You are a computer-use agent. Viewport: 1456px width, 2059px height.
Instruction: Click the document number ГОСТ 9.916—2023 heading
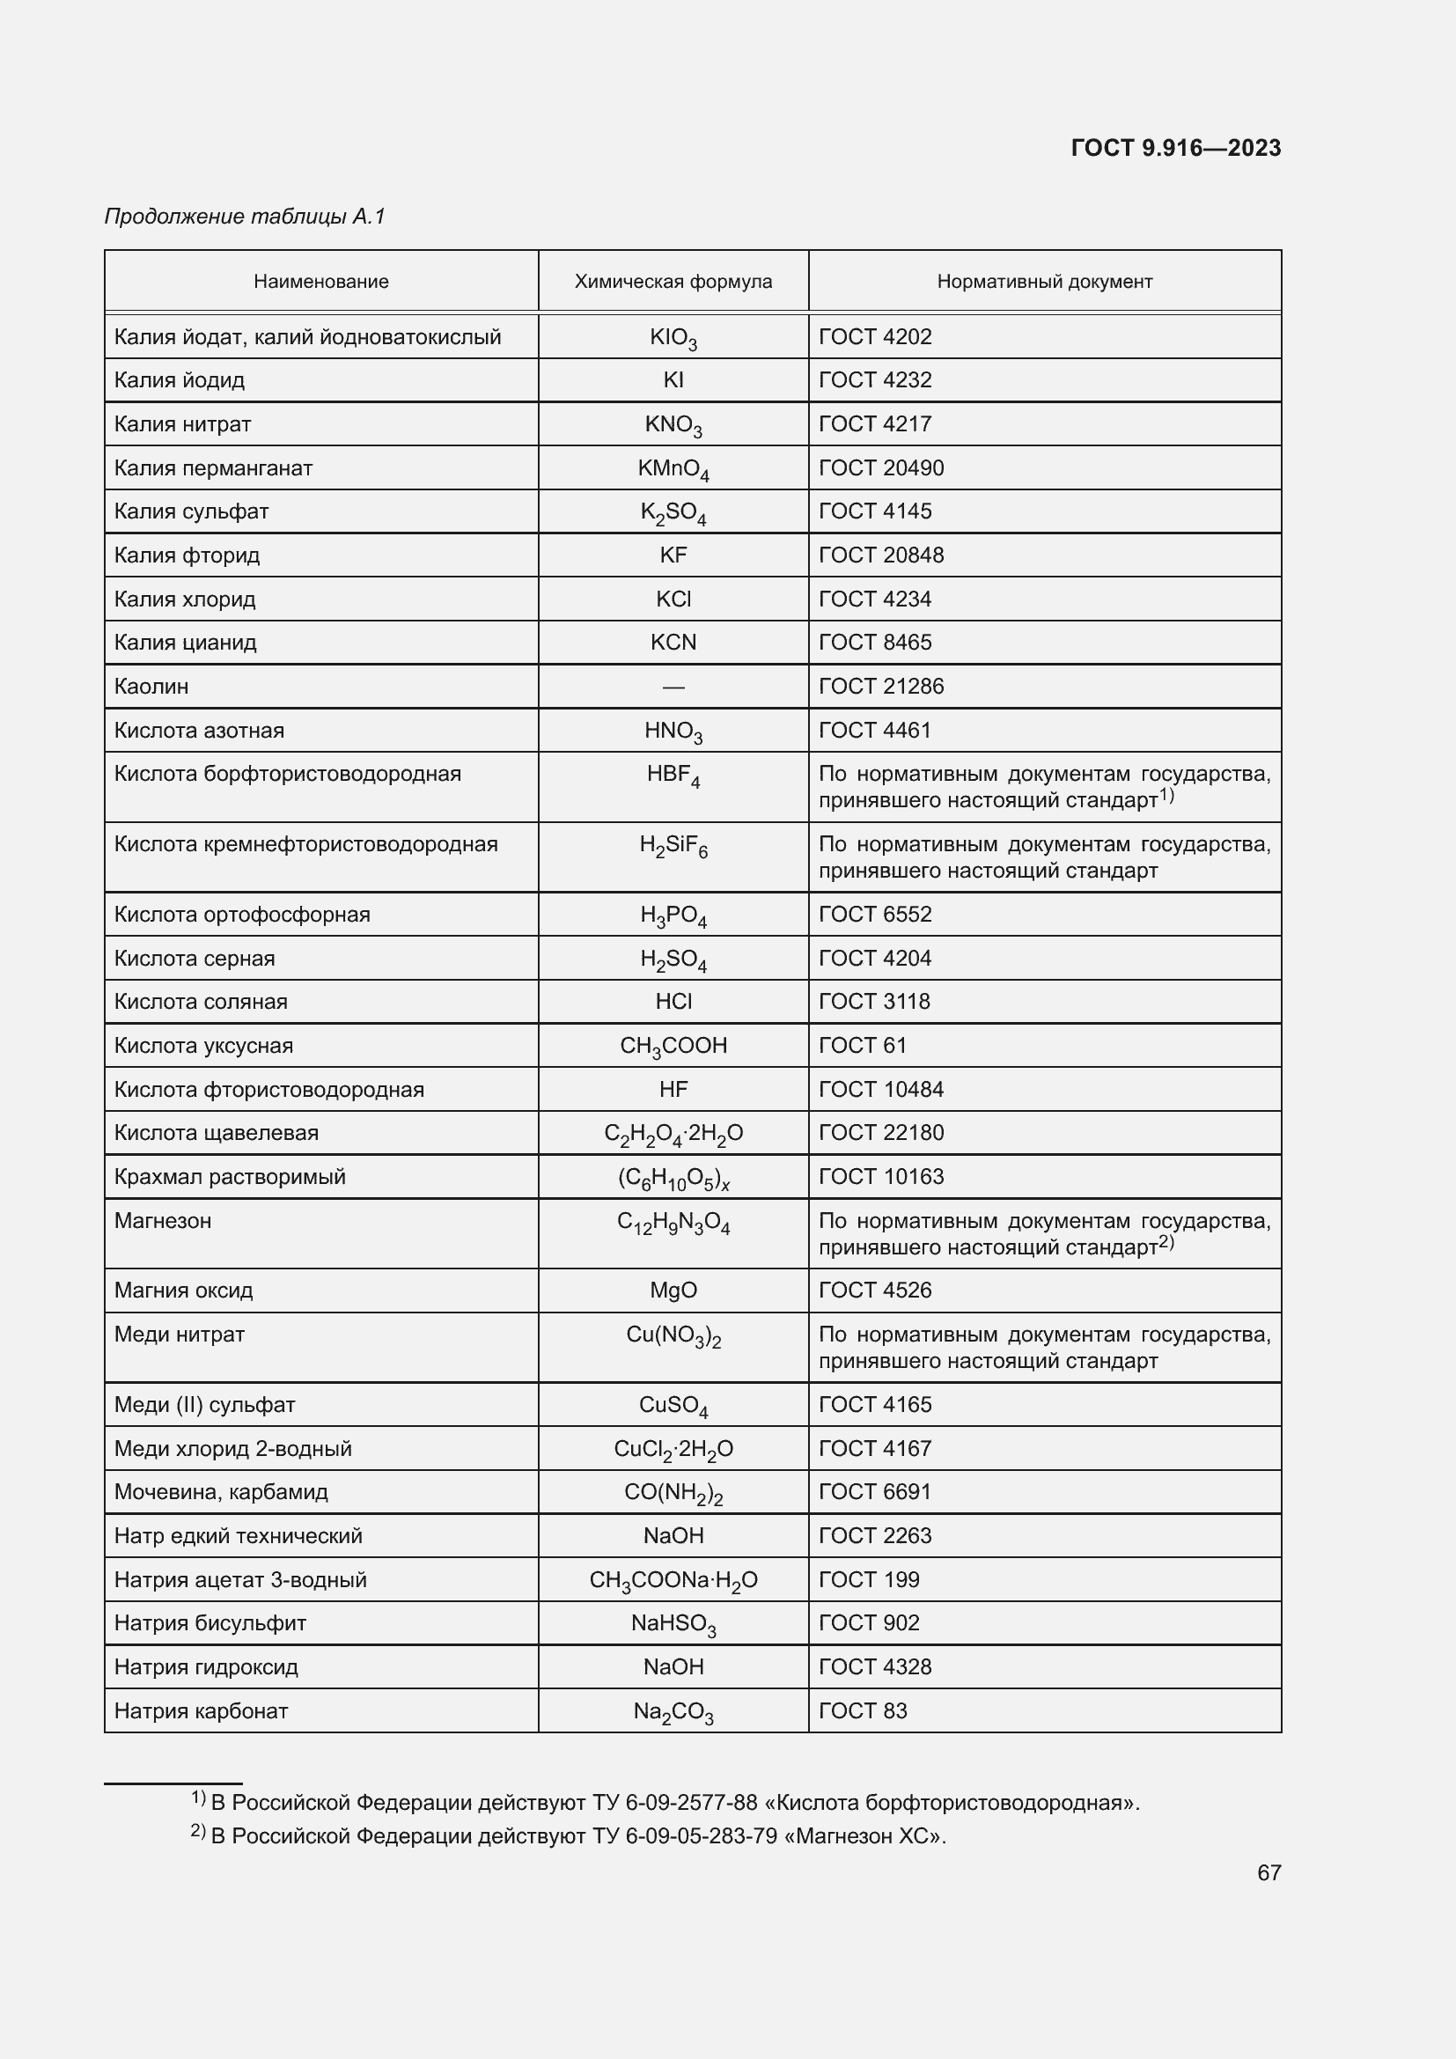coord(1175,148)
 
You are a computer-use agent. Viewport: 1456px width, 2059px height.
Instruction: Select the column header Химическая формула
coord(673,282)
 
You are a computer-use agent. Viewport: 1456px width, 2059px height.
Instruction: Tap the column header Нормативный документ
coord(1044,282)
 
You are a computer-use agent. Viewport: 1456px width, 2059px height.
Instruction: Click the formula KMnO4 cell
coord(673,469)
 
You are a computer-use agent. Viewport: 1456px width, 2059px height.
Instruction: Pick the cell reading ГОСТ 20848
coord(880,555)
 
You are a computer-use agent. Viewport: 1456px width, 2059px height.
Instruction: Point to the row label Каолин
coord(151,687)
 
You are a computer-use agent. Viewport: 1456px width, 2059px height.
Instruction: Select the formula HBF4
coord(673,776)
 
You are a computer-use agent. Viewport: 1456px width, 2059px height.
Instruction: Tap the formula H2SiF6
coord(673,846)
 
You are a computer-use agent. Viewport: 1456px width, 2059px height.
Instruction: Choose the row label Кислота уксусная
coord(203,1046)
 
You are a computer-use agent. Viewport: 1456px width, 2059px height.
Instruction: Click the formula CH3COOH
coord(673,1047)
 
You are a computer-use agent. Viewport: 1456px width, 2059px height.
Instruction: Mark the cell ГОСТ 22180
coord(880,1133)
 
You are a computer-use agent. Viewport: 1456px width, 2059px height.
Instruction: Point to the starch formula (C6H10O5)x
coord(673,1179)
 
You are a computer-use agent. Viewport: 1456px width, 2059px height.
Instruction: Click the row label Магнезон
coord(163,1220)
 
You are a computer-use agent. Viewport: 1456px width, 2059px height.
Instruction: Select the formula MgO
coord(673,1291)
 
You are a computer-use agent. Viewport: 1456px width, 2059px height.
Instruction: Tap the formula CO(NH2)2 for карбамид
coord(673,1493)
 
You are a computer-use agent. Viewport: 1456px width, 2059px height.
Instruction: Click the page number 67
coord(1268,1872)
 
